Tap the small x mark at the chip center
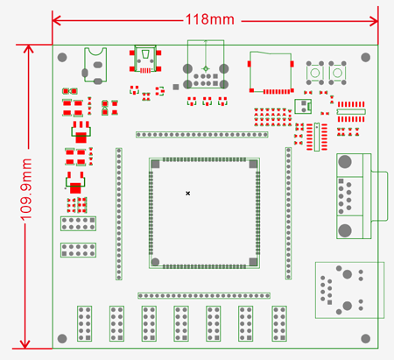tap(189, 192)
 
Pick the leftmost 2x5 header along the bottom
tap(86, 323)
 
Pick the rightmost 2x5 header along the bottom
tap(279, 323)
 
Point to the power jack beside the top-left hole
tap(95, 65)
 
